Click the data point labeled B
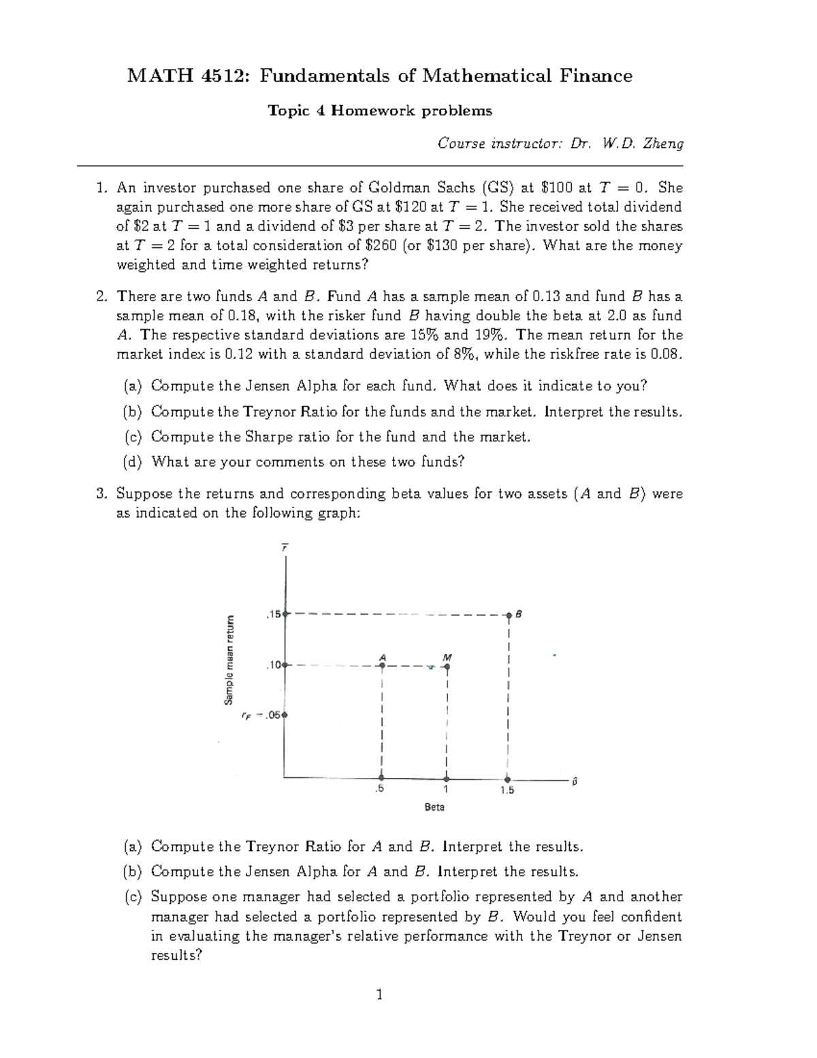pyautogui.click(x=509, y=615)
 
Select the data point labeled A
pyautogui.click(x=383, y=666)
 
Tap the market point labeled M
pyautogui.click(x=447, y=666)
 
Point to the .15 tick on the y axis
pyautogui.click(x=286, y=614)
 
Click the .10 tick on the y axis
pyautogui.click(x=286, y=665)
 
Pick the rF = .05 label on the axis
pyautogui.click(x=261, y=715)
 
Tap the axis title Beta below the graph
pyautogui.click(x=434, y=807)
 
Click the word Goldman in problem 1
pyautogui.click(x=397, y=187)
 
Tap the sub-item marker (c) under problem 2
pyautogui.click(x=131, y=437)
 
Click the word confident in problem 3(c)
pyautogui.click(x=652, y=916)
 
